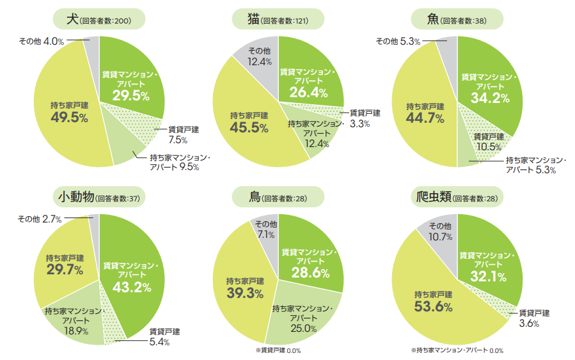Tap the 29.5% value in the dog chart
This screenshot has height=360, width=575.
(130, 96)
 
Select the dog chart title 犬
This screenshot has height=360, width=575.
(73, 20)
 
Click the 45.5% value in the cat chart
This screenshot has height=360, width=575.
(249, 127)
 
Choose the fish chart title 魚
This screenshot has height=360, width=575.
(433, 20)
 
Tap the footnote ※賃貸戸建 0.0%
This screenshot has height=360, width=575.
(278, 350)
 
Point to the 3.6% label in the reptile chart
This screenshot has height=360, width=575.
(528, 324)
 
